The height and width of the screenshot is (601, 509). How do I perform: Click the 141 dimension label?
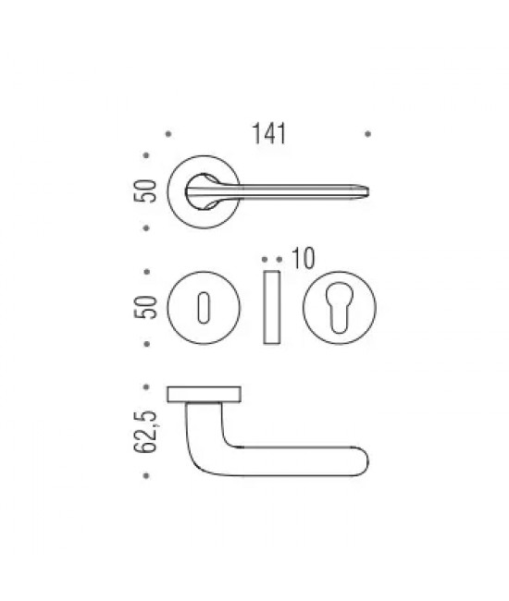click(x=268, y=133)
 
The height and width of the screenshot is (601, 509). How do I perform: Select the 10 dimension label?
click(x=303, y=258)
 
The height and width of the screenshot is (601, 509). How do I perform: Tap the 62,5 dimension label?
click(x=145, y=432)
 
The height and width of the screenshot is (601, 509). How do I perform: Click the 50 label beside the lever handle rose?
click(x=145, y=190)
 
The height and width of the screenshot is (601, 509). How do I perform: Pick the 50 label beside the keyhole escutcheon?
click(x=145, y=307)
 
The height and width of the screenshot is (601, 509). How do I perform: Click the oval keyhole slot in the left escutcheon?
click(x=204, y=308)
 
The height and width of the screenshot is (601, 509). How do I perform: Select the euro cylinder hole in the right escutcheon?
click(x=339, y=307)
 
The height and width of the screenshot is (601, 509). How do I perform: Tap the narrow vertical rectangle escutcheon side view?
click(x=271, y=307)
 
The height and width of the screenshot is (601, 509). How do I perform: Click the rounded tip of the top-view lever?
click(x=366, y=191)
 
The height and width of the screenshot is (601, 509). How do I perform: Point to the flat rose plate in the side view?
click(x=204, y=395)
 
